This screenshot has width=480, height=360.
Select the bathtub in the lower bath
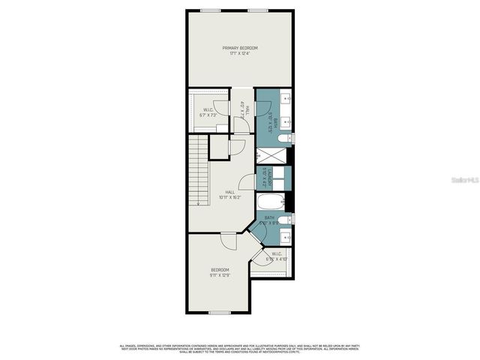point(269,202)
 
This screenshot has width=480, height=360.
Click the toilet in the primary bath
point(282,139)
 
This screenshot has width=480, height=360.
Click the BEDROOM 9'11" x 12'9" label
point(220,271)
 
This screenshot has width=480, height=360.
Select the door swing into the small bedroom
point(229,241)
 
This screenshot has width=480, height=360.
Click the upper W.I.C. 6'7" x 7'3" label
point(208,112)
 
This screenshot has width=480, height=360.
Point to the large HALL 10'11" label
point(229,195)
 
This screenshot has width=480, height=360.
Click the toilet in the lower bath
point(283,220)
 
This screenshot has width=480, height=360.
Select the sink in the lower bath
point(284,237)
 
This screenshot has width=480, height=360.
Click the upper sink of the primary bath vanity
point(285,99)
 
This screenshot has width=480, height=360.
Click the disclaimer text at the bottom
point(240,349)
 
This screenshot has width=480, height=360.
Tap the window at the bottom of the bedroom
point(220,313)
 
